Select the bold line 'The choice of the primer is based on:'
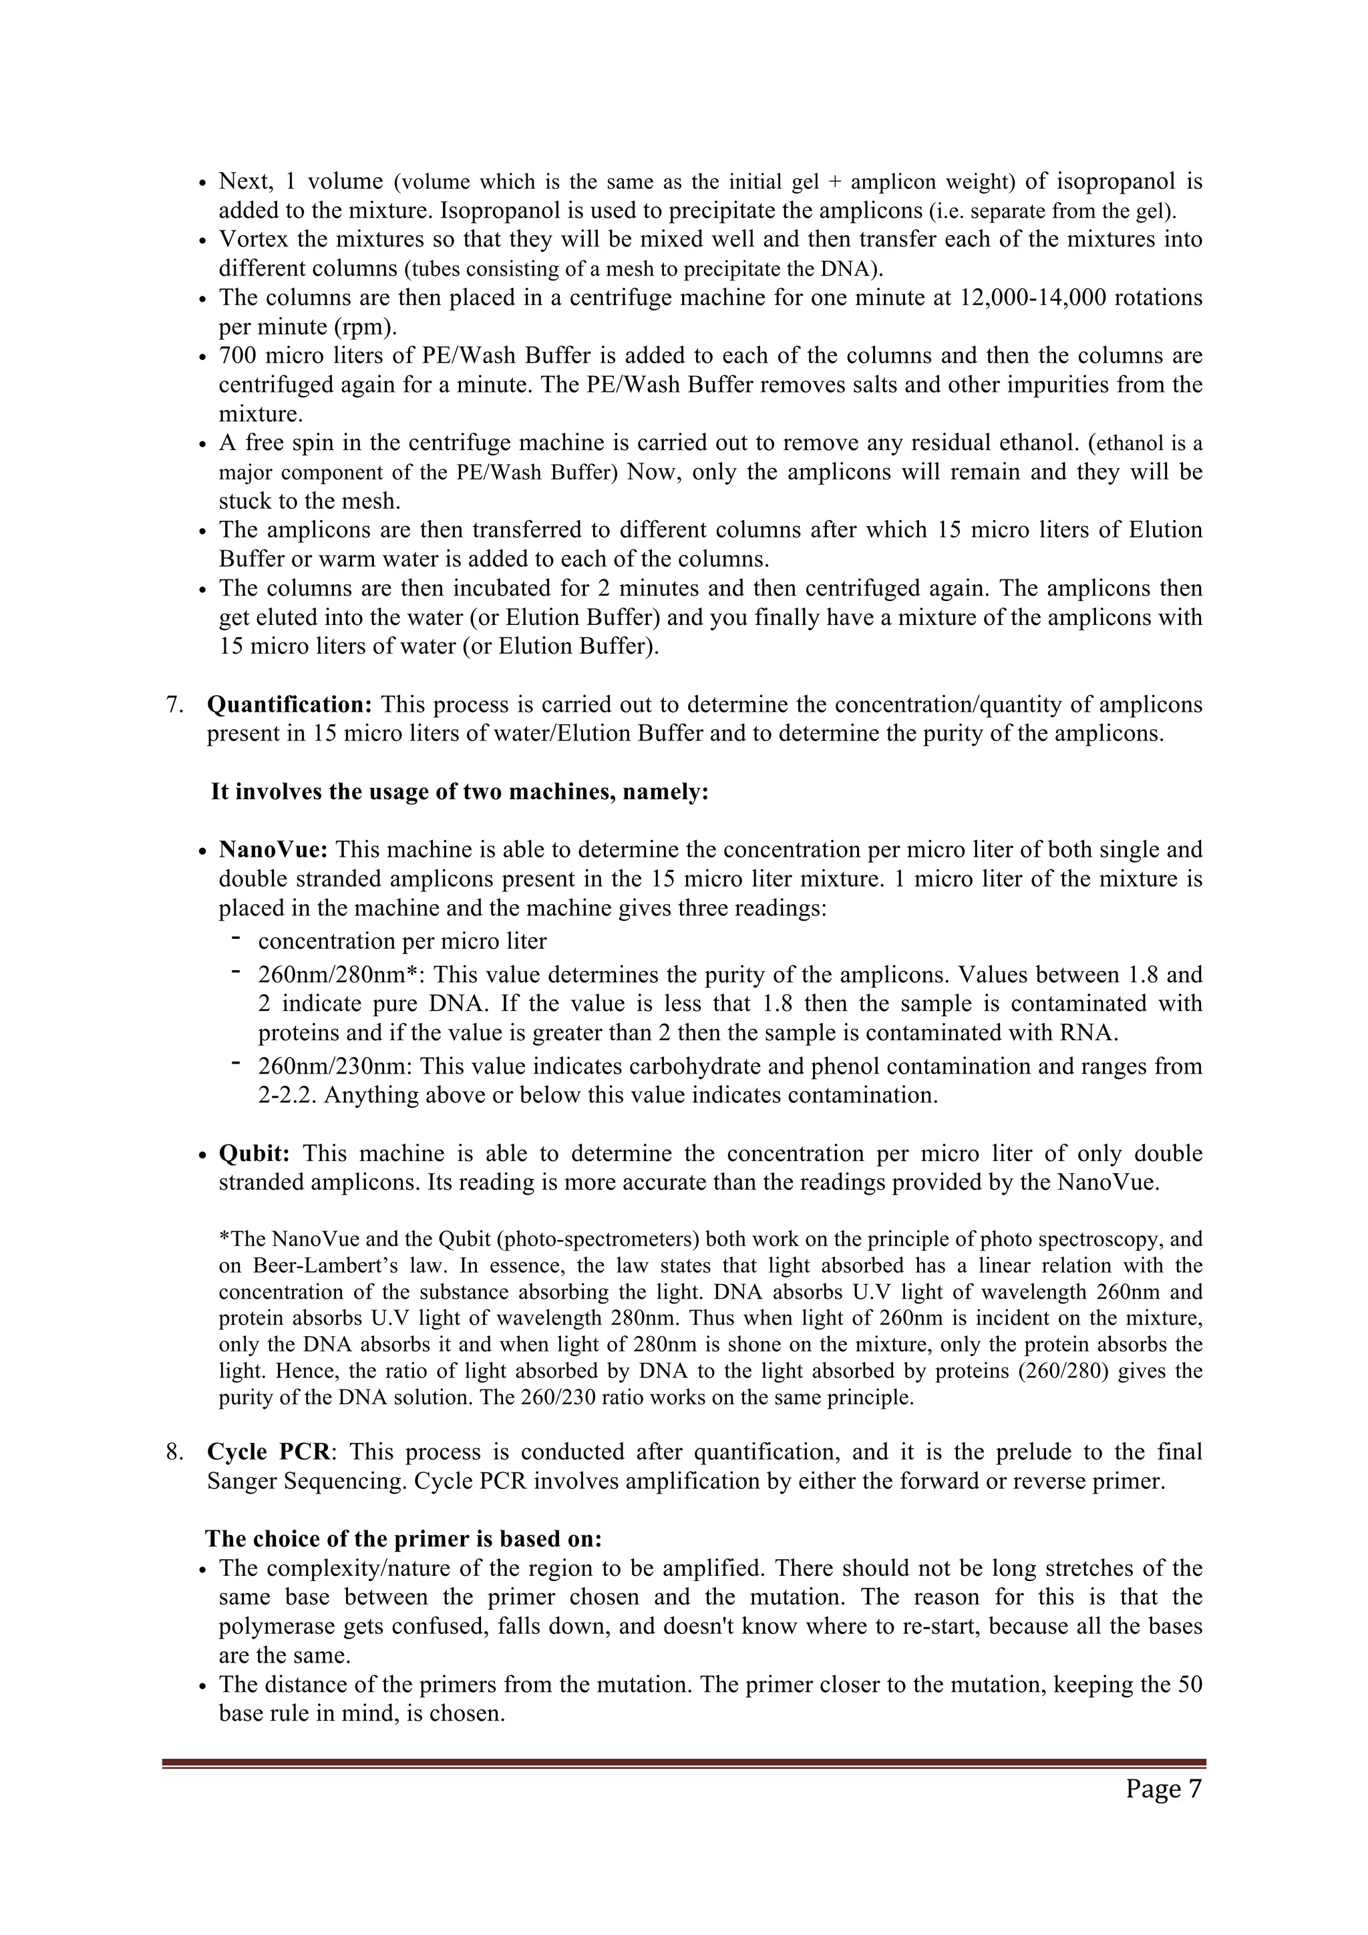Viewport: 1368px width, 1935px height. [403, 1539]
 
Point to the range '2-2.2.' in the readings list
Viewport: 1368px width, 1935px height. [287, 1096]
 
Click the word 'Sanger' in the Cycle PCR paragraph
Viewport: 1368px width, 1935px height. [241, 1481]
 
